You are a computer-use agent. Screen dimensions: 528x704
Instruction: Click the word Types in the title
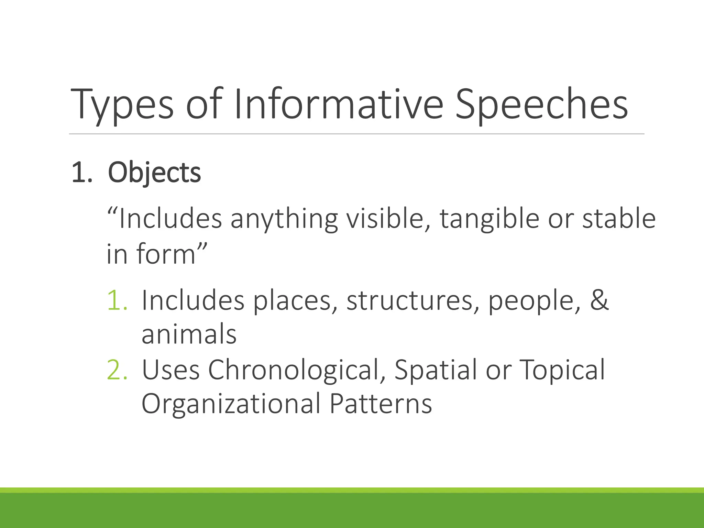(x=122, y=105)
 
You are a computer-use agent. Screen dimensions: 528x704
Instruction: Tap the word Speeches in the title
(x=541, y=105)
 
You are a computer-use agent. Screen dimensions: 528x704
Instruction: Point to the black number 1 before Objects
(x=78, y=173)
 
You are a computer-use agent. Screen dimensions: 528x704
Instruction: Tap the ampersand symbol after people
(x=599, y=300)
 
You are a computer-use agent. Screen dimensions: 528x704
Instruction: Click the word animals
(x=189, y=334)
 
